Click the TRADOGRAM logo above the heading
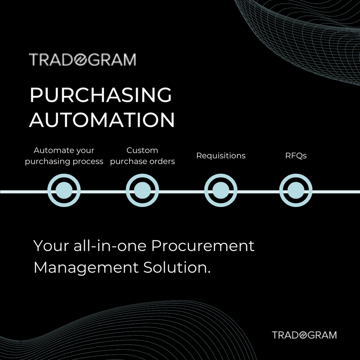click(82, 60)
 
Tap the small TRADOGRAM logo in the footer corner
click(304, 335)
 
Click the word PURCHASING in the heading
click(100, 95)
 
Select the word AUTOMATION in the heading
click(102, 120)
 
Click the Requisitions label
click(220, 156)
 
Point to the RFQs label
click(296, 156)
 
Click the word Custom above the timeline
click(142, 150)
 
